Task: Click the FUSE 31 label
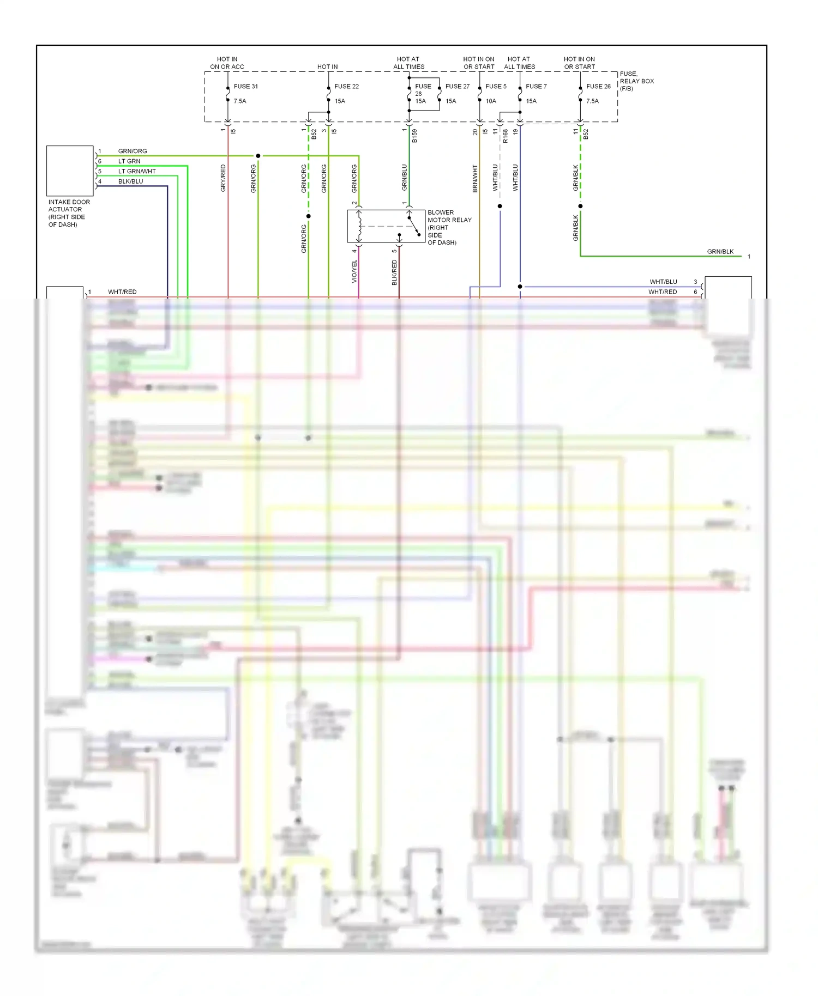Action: tap(245, 86)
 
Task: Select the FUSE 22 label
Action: tap(346, 86)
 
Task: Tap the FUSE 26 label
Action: tap(598, 86)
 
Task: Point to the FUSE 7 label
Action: tap(536, 86)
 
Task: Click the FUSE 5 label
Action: tap(496, 86)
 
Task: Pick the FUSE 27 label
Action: tap(457, 86)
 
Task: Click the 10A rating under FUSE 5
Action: tap(491, 101)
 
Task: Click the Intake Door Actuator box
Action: tap(70, 171)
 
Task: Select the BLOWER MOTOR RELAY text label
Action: tap(449, 216)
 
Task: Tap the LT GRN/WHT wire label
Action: tap(137, 171)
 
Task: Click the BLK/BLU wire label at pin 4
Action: tap(130, 181)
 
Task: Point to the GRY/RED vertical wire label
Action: tap(223, 178)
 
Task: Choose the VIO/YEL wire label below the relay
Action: tap(354, 271)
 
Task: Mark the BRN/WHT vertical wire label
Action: tap(475, 178)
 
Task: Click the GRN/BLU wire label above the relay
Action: tap(405, 177)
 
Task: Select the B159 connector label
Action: tap(414, 136)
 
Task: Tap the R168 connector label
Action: tap(506, 136)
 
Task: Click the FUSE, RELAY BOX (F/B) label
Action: tap(636, 81)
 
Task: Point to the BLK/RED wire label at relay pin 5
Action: tap(394, 272)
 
